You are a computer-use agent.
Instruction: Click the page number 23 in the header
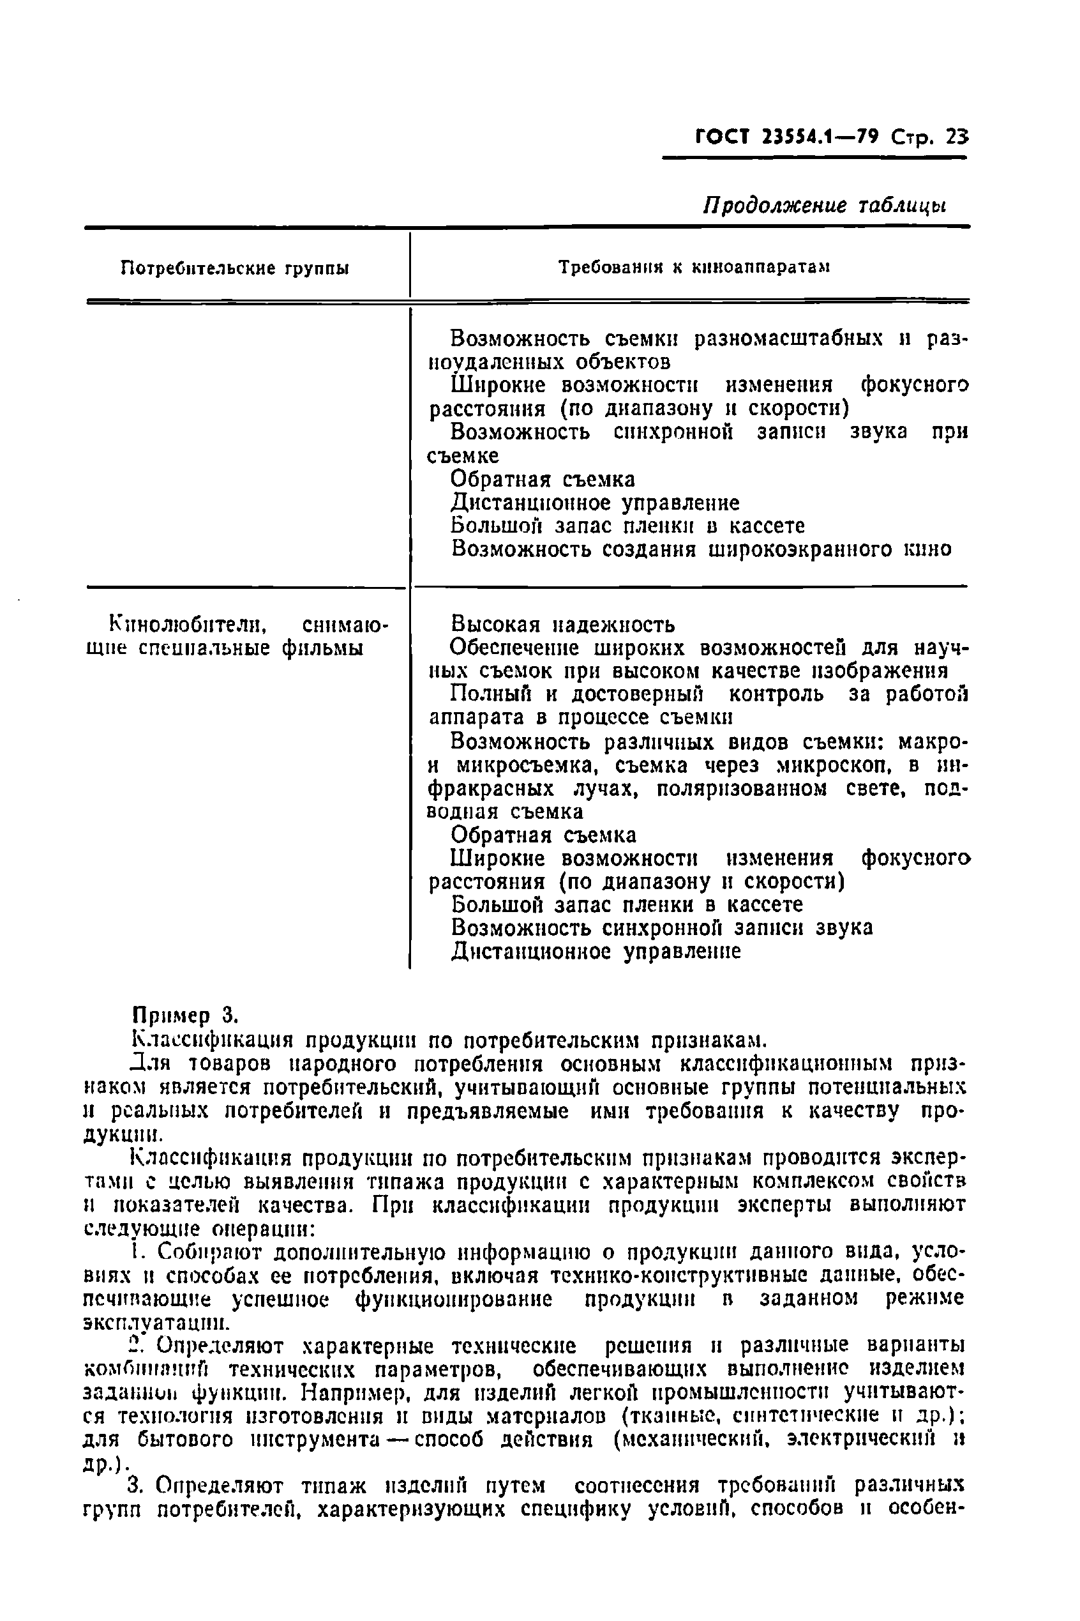956,137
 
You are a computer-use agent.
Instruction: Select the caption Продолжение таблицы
823,206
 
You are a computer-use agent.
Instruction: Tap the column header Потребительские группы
234,268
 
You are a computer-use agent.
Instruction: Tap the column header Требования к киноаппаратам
694,268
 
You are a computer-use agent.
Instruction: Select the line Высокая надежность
563,625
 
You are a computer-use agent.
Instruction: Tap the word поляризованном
740,789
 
